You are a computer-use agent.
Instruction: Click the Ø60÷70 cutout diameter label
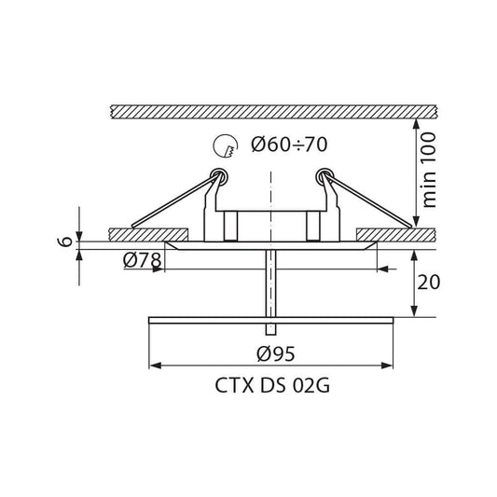tap(289, 145)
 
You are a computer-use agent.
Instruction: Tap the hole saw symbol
tap(226, 146)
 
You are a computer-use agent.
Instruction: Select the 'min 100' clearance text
tap(429, 171)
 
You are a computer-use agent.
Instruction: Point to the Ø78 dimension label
tap(142, 260)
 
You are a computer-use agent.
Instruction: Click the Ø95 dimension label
tap(276, 353)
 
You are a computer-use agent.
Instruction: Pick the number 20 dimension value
tap(428, 283)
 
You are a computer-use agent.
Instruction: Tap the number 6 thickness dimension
tap(65, 242)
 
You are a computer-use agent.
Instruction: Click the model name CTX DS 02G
tap(272, 386)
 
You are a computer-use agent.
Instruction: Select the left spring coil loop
tap(219, 176)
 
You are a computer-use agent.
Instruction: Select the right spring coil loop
tap(324, 176)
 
